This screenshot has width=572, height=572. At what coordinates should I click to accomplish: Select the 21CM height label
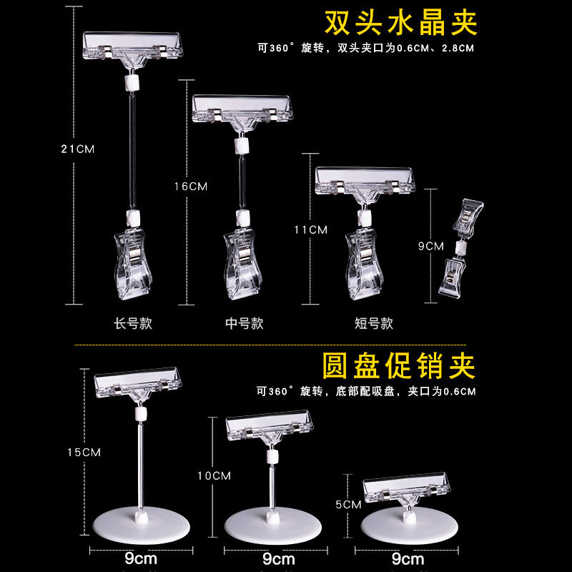coord(78,149)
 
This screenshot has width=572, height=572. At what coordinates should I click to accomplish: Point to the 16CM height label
coord(190,186)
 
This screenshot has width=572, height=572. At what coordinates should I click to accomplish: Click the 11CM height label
coord(310,230)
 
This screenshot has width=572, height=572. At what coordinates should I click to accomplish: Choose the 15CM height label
coord(84,452)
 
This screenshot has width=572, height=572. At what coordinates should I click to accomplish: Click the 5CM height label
coord(347,504)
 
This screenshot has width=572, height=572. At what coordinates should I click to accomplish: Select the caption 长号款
coord(133,323)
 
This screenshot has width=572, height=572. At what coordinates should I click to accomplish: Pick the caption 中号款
coord(244,323)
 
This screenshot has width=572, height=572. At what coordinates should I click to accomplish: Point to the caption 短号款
coord(373,323)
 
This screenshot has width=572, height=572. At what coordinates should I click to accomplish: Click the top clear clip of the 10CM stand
coord(270,428)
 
